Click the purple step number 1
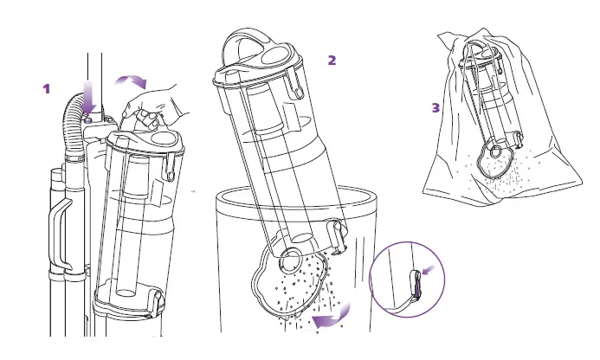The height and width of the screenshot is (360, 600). (48, 88)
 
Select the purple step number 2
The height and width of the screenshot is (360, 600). (332, 60)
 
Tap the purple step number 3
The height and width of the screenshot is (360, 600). (435, 108)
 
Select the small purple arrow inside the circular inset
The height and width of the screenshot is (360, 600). (430, 272)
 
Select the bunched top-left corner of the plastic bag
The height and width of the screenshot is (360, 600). (450, 38)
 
